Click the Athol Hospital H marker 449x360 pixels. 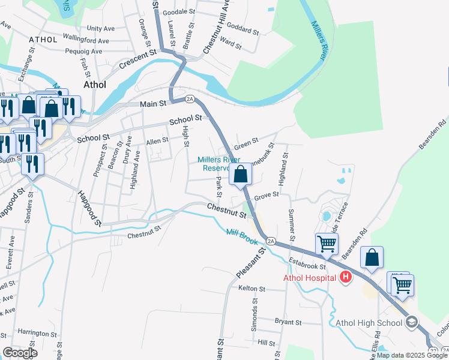tap(345, 277)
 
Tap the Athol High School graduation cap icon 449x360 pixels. tap(411, 323)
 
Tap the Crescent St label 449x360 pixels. tap(137, 61)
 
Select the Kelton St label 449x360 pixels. tap(252, 289)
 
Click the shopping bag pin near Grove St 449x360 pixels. tap(241, 175)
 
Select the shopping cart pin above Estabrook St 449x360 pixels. tap(327, 244)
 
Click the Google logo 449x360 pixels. tap(20, 352)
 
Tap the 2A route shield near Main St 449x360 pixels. tap(190, 98)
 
